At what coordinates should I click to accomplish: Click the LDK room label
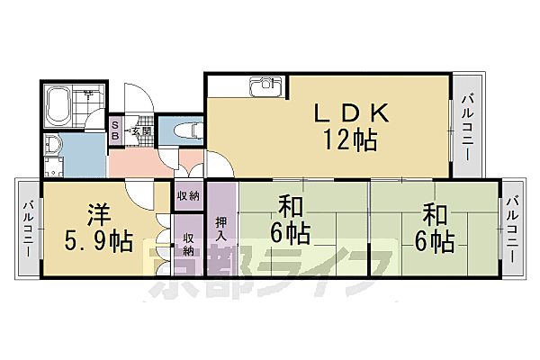(350, 112)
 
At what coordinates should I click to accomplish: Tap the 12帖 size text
(350, 139)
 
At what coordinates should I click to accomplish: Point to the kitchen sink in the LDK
(265, 87)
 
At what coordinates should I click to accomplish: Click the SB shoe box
(115, 130)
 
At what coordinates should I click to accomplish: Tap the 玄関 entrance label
(139, 131)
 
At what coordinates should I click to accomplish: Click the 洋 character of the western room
(98, 216)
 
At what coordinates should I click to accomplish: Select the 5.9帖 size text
(98, 242)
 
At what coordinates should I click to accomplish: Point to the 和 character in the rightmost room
(436, 215)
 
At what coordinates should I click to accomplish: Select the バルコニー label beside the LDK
(466, 126)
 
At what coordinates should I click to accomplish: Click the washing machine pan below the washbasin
(53, 166)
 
